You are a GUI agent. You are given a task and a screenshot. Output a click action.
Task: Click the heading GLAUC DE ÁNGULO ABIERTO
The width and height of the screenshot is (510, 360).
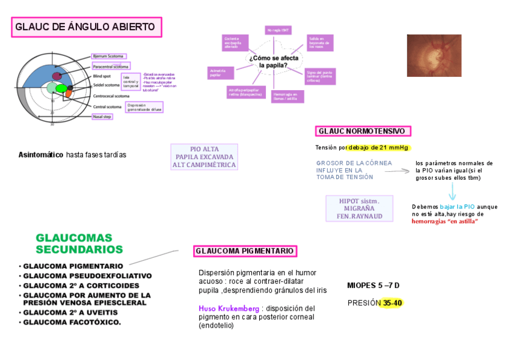pos(85,27)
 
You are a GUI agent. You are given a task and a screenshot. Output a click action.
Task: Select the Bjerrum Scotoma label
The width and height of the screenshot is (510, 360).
pos(108,56)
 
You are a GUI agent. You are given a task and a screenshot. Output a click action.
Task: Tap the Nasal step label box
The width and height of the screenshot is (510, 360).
pos(102,117)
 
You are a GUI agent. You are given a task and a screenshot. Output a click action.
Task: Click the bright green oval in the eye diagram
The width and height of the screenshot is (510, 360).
pos(61,88)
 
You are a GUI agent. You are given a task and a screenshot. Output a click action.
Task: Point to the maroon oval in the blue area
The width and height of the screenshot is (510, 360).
pos(57,76)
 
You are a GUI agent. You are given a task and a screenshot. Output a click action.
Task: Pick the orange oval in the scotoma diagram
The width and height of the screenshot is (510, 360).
pos(69,93)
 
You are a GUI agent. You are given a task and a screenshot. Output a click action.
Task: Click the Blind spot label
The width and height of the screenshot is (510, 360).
pos(102,76)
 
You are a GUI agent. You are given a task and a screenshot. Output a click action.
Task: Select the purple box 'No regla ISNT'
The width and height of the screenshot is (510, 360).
pos(278,29)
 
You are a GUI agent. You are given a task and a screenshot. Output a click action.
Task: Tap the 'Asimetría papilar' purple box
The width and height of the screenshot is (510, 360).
pos(220,73)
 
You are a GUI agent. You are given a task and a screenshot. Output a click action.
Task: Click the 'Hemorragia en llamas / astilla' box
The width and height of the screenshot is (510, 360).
pos(287,96)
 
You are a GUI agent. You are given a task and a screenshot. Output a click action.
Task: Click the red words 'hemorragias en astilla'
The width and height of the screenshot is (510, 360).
pos(444,221)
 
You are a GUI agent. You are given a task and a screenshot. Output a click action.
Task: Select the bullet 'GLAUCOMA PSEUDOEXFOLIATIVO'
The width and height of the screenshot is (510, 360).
pos(88,276)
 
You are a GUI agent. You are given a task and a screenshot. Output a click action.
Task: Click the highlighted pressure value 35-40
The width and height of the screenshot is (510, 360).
pos(392,303)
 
